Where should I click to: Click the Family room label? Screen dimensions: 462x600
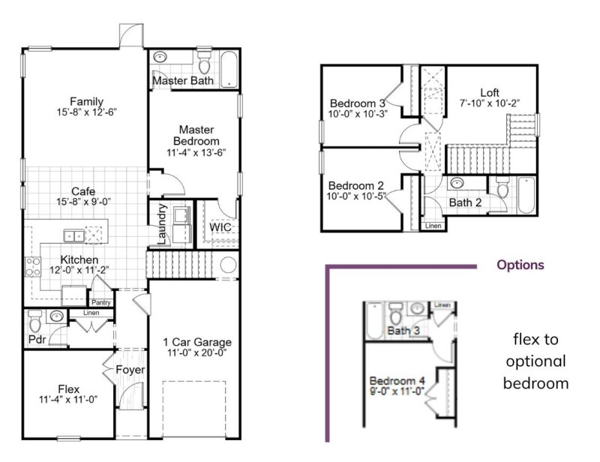pyautogui.click(x=86, y=101)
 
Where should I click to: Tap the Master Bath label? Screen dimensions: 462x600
pyautogui.click(x=183, y=80)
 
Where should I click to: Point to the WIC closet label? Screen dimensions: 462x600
pyautogui.click(x=220, y=226)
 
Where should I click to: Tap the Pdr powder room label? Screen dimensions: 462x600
pyautogui.click(x=37, y=339)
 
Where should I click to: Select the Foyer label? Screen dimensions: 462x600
pyautogui.click(x=130, y=370)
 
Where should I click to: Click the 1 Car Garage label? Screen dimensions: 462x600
pyautogui.click(x=197, y=343)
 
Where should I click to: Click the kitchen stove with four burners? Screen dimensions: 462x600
pyautogui.click(x=34, y=265)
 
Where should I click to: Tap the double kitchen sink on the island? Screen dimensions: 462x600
pyautogui.click(x=74, y=235)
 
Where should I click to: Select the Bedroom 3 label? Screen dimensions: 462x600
pyautogui.click(x=357, y=103)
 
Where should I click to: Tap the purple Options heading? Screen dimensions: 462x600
pyautogui.click(x=520, y=265)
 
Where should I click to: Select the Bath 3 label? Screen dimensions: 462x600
pyautogui.click(x=403, y=330)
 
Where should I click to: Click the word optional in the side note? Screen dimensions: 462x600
pyautogui.click(x=536, y=361)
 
